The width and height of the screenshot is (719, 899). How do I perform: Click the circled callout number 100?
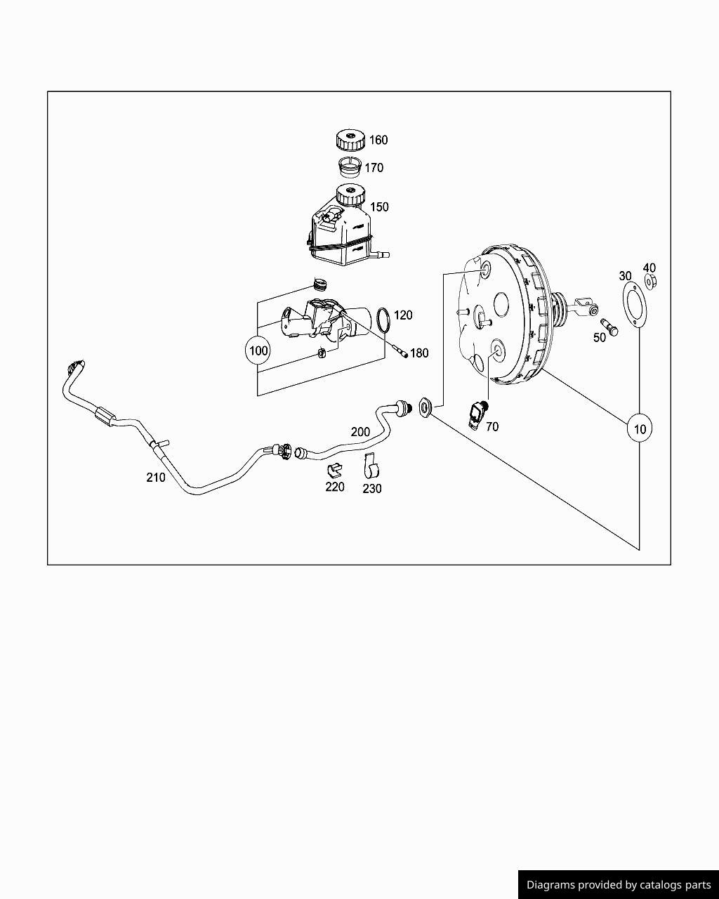258,350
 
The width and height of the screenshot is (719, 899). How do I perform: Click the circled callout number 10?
639,428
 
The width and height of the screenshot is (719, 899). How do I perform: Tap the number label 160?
378,140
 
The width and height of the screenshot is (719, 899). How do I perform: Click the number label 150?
379,206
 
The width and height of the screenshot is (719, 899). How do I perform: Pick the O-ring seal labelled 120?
383,320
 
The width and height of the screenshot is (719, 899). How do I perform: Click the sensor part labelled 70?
478,413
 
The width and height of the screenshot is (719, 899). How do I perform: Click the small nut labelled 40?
650,283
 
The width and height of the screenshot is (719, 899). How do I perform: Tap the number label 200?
360,432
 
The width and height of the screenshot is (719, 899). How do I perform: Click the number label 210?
156,478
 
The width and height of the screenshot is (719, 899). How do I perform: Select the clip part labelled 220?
334,468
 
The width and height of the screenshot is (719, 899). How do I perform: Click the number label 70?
492,426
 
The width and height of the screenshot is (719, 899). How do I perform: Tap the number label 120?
403,315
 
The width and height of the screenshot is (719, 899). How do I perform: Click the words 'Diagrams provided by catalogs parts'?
619,885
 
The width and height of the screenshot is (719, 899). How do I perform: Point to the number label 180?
419,353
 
